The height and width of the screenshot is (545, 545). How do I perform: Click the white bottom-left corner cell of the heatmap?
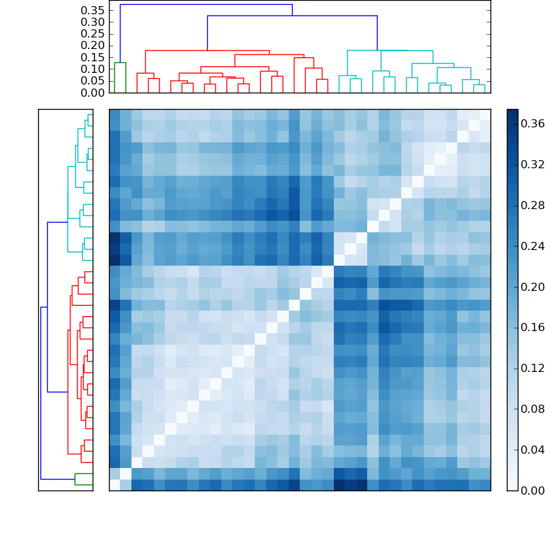[114, 485]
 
